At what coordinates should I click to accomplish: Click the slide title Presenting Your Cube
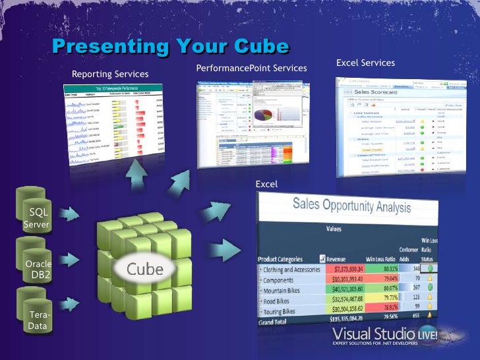[170, 47]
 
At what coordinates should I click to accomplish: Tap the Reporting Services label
[110, 74]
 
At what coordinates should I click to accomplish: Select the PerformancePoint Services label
[251, 68]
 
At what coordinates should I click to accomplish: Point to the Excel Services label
[365, 63]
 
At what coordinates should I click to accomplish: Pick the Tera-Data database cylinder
[37, 320]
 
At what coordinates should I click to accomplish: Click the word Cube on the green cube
[144, 269]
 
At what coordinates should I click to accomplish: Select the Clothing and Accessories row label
[293, 269]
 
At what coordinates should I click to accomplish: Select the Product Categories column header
[281, 259]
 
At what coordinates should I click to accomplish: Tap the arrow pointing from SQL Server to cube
[69, 214]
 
